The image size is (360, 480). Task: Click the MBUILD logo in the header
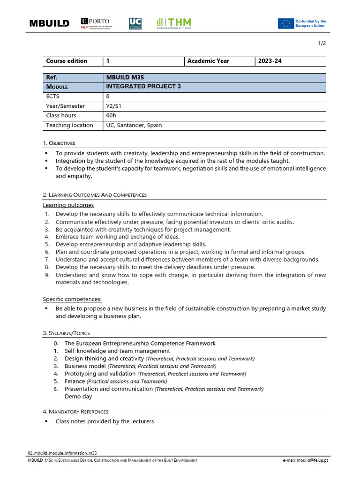click(49, 23)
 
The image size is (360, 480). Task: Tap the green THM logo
click(174, 23)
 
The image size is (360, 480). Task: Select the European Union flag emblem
click(285, 23)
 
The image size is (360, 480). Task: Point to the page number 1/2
click(322, 44)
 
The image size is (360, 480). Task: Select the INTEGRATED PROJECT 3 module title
click(143, 87)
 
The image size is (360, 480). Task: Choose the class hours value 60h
click(111, 116)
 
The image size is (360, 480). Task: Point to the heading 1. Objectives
click(59, 143)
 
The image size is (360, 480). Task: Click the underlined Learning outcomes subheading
click(68, 205)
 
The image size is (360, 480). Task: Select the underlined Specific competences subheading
click(72, 299)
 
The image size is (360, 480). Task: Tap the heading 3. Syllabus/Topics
click(66, 333)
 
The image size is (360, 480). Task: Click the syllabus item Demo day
click(78, 397)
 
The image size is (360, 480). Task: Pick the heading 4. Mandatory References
click(75, 412)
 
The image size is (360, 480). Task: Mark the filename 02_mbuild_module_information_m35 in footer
click(63, 453)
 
